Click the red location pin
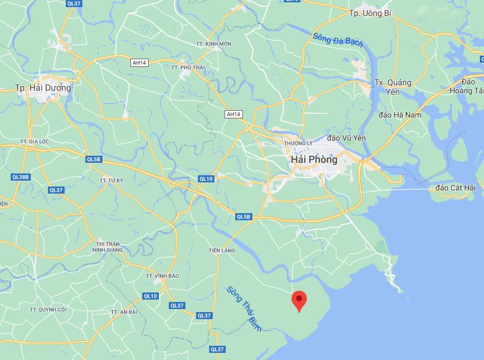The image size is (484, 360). pos(299,301)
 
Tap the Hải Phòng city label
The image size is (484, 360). pos(314,159)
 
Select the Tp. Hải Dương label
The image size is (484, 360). pos(43,88)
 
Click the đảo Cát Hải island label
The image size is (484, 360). pos(455,188)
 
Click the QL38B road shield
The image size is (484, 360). pos(20,177)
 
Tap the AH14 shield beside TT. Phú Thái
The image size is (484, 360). pos(139,62)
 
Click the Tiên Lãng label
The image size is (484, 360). pos(222,250)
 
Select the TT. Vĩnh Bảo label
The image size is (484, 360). pos(162,276)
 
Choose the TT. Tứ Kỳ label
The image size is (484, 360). pos(111,179)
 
